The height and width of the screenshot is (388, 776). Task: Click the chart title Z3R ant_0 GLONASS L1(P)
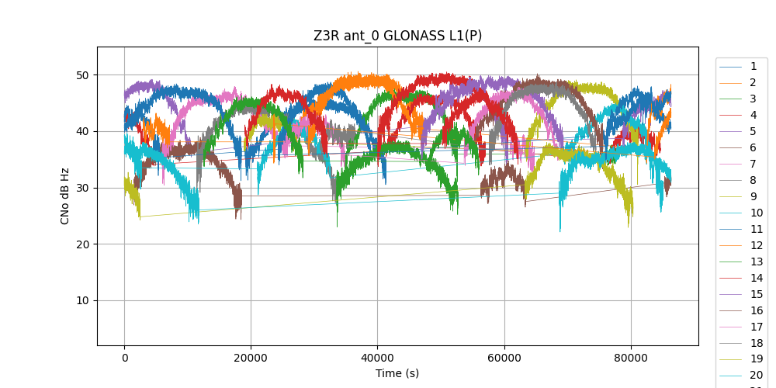coord(397,36)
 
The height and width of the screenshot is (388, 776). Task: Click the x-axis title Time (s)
coord(397,373)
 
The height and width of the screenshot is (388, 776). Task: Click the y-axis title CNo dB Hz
coord(65,196)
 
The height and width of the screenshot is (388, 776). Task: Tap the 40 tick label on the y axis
coord(82,131)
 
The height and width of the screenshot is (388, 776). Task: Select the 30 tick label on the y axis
coord(82,188)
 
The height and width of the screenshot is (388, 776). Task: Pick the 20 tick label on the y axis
coord(82,244)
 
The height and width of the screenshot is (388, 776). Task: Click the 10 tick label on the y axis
coord(82,300)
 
